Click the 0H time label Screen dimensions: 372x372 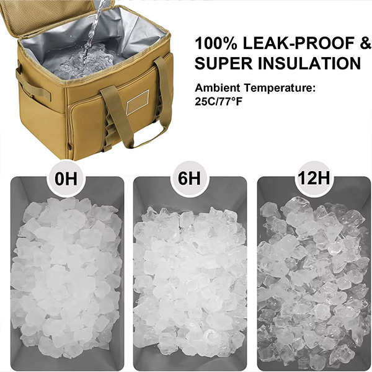66,179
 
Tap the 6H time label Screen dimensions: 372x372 189,178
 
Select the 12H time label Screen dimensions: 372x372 314,177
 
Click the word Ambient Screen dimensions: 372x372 218,88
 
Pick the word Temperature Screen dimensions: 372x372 280,89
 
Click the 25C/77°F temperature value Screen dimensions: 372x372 218,102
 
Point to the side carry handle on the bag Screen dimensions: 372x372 33,83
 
